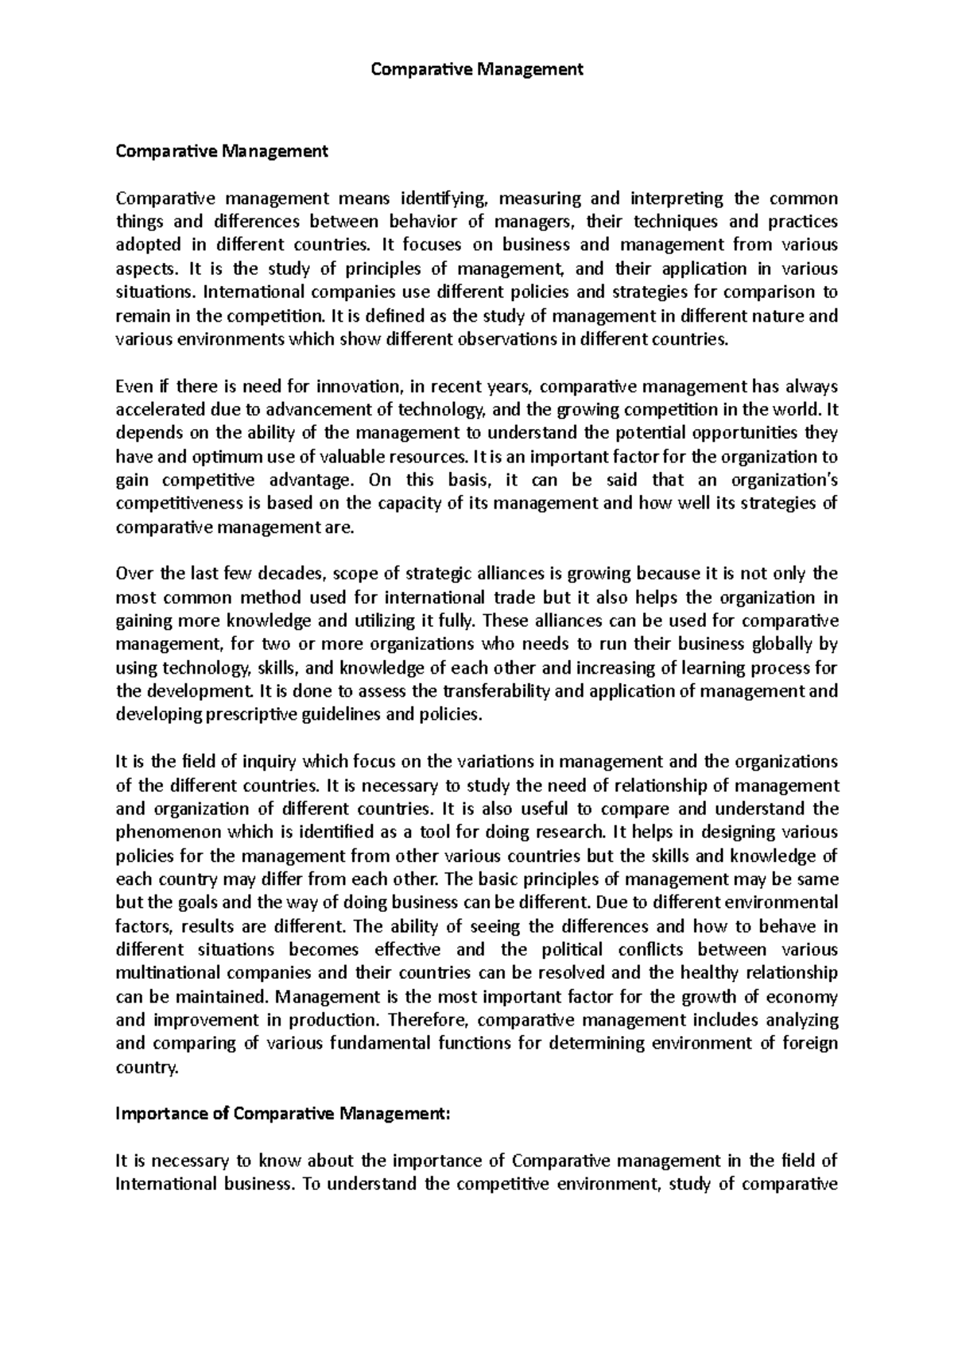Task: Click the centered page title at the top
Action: [x=477, y=69]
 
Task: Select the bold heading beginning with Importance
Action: [x=282, y=1114]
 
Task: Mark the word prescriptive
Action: [x=252, y=714]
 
